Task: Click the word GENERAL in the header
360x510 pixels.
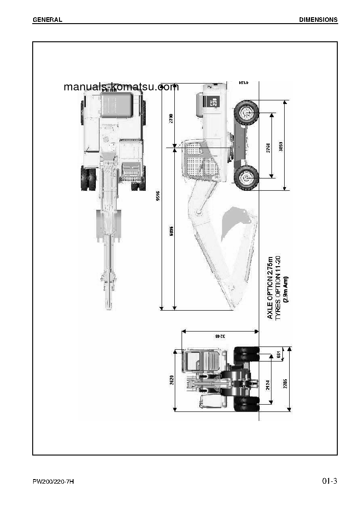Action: tap(47, 20)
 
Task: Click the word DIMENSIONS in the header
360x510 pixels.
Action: tap(318, 20)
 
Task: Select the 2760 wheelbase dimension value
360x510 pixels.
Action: tap(268, 147)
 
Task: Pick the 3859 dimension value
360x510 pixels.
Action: tap(281, 148)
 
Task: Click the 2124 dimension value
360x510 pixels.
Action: tap(268, 386)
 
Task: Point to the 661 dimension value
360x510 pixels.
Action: tap(278, 354)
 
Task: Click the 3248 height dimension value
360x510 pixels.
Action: tap(220, 337)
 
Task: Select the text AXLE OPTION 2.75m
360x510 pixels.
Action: tap(270, 287)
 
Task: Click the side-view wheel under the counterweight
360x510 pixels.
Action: tap(247, 112)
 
